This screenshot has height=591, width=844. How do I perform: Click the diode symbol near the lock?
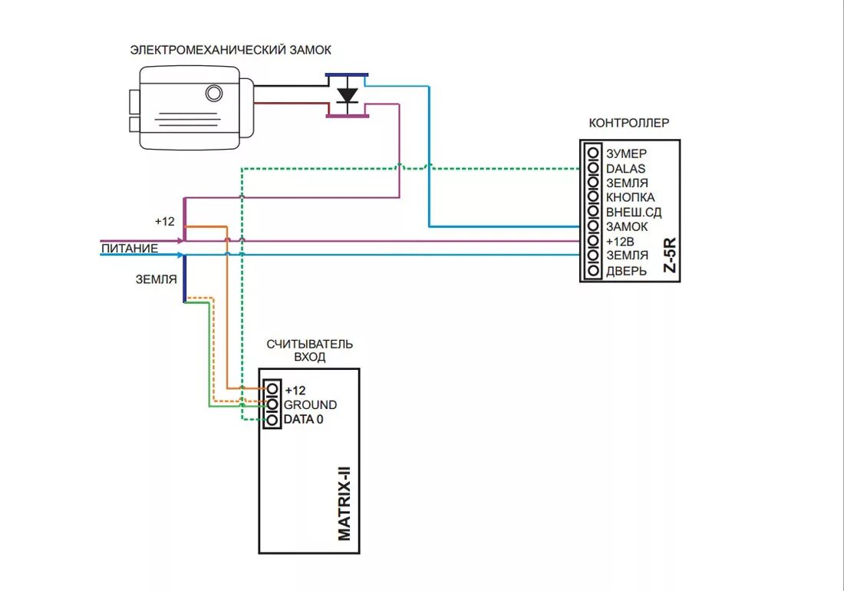[x=348, y=96]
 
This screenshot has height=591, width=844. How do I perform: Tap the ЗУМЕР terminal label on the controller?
[x=626, y=154]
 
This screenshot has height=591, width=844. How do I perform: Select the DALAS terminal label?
[x=625, y=168]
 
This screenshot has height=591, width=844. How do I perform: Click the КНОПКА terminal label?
[x=630, y=197]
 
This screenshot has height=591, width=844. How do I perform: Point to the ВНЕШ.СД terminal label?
[x=633, y=212]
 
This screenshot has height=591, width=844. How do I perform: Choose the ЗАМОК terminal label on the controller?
[x=627, y=226]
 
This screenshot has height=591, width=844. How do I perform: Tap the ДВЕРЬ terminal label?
[x=625, y=270]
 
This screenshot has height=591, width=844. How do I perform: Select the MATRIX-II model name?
[x=345, y=504]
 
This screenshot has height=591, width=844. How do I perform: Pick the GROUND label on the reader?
[x=310, y=404]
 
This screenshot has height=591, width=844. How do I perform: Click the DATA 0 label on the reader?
[x=304, y=419]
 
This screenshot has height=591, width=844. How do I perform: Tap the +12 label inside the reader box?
[x=295, y=390]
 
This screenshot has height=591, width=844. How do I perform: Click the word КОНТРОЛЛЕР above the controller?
[x=629, y=123]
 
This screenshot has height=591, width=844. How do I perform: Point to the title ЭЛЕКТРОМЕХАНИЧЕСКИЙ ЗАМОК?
[x=230, y=50]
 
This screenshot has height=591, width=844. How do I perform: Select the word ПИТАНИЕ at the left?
[x=130, y=248]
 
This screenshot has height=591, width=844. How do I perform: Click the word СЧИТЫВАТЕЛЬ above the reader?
[x=309, y=345]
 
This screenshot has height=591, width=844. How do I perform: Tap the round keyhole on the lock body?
[x=213, y=94]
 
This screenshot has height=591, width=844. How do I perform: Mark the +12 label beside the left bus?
[x=164, y=221]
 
